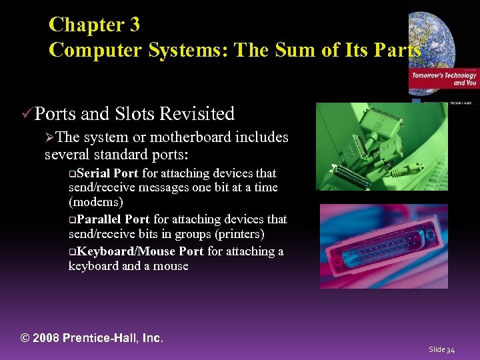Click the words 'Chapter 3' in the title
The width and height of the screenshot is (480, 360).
coord(94,25)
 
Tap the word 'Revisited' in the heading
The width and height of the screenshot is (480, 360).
coord(197,114)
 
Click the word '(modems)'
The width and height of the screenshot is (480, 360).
coord(96,201)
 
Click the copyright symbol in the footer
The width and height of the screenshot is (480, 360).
coord(26,338)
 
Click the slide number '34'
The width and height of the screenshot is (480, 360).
coord(451,349)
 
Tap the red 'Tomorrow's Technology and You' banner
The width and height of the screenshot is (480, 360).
coord(444,79)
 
